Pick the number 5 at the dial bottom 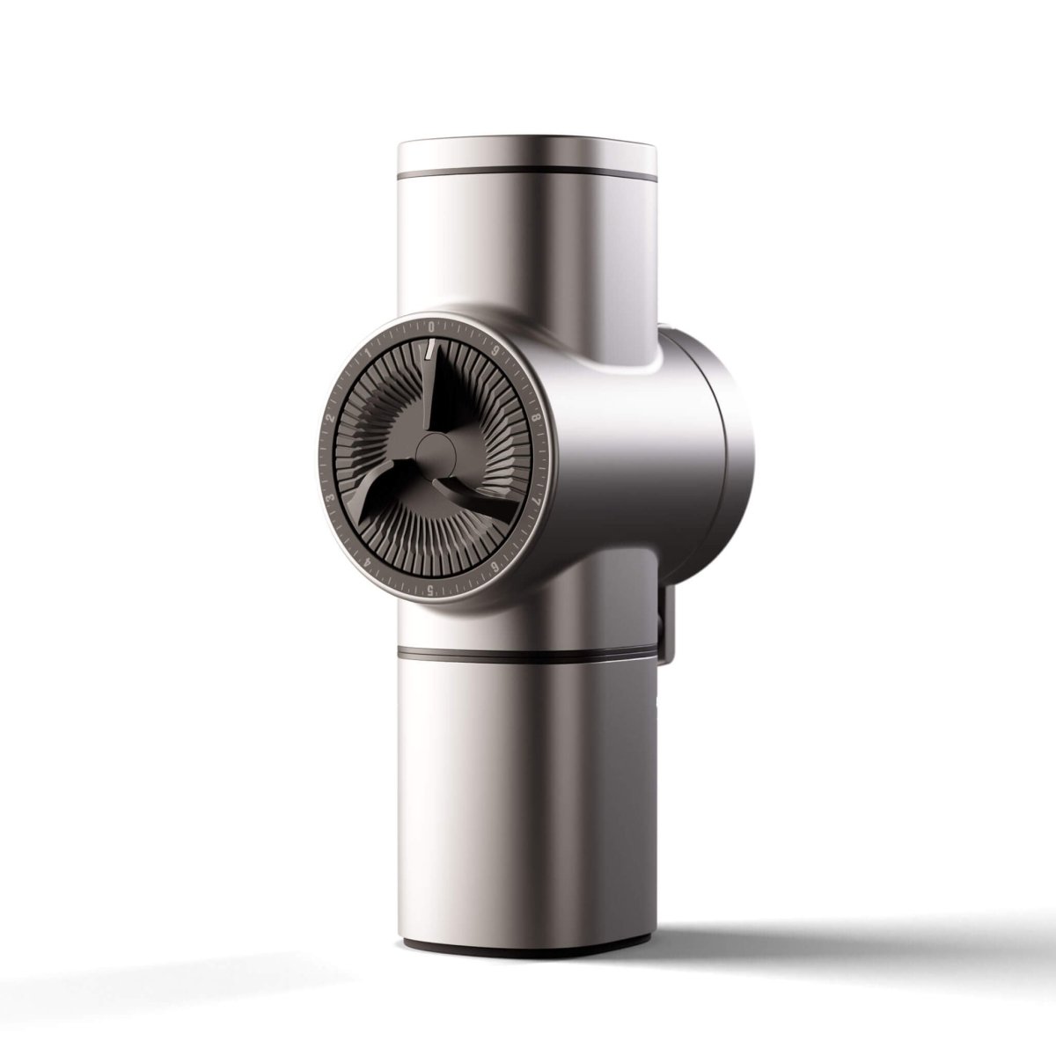[429, 590]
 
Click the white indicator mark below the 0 [428, 351]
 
